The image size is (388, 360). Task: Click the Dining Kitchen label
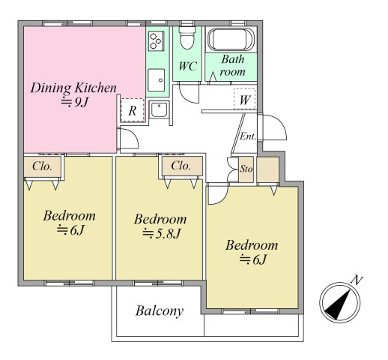click(x=73, y=88)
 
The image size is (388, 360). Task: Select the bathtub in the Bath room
click(x=231, y=40)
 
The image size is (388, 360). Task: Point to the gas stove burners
click(x=156, y=41)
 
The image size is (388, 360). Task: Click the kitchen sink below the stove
click(x=157, y=80)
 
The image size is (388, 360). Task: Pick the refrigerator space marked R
click(x=133, y=110)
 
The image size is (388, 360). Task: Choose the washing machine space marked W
click(x=244, y=98)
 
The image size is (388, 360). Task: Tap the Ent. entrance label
click(x=248, y=136)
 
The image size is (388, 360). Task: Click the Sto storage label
click(x=246, y=169)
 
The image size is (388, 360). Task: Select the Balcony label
click(x=160, y=311)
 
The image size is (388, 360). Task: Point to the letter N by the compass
click(x=357, y=280)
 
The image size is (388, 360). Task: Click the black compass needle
click(x=338, y=306)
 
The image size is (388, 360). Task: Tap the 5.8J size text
click(x=161, y=234)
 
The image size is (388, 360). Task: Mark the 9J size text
click(x=75, y=102)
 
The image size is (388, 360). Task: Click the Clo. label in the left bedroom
click(x=42, y=166)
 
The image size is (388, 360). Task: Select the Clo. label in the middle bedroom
click(x=181, y=166)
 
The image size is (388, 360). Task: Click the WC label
click(x=188, y=66)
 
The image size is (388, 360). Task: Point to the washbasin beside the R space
click(x=159, y=109)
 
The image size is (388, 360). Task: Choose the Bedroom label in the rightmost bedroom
click(x=252, y=245)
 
